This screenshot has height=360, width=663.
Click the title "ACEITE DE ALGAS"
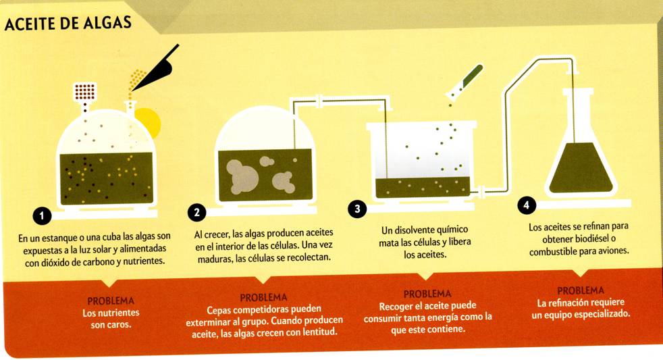pos(68,23)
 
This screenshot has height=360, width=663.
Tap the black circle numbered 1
pos(42,216)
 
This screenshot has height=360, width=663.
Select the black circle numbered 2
pos(196,212)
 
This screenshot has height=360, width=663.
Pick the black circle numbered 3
pos(357,209)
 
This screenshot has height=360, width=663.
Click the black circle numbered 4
pos(527,205)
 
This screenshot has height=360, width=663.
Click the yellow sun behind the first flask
pos(149,123)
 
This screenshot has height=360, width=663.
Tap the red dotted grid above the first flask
pos(85,92)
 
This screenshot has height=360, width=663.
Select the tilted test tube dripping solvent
pos(466,81)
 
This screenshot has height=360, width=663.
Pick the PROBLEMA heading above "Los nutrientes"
pos(111,301)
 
